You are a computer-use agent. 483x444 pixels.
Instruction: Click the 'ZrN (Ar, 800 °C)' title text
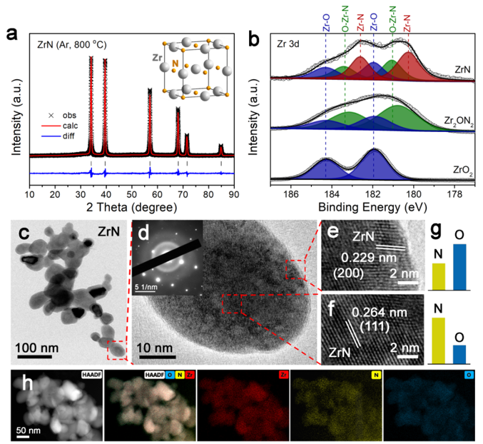(x=73, y=44)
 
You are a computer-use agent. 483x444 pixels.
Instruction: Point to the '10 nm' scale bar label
(x=156, y=348)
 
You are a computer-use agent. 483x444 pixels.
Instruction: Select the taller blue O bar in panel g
(x=459, y=267)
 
